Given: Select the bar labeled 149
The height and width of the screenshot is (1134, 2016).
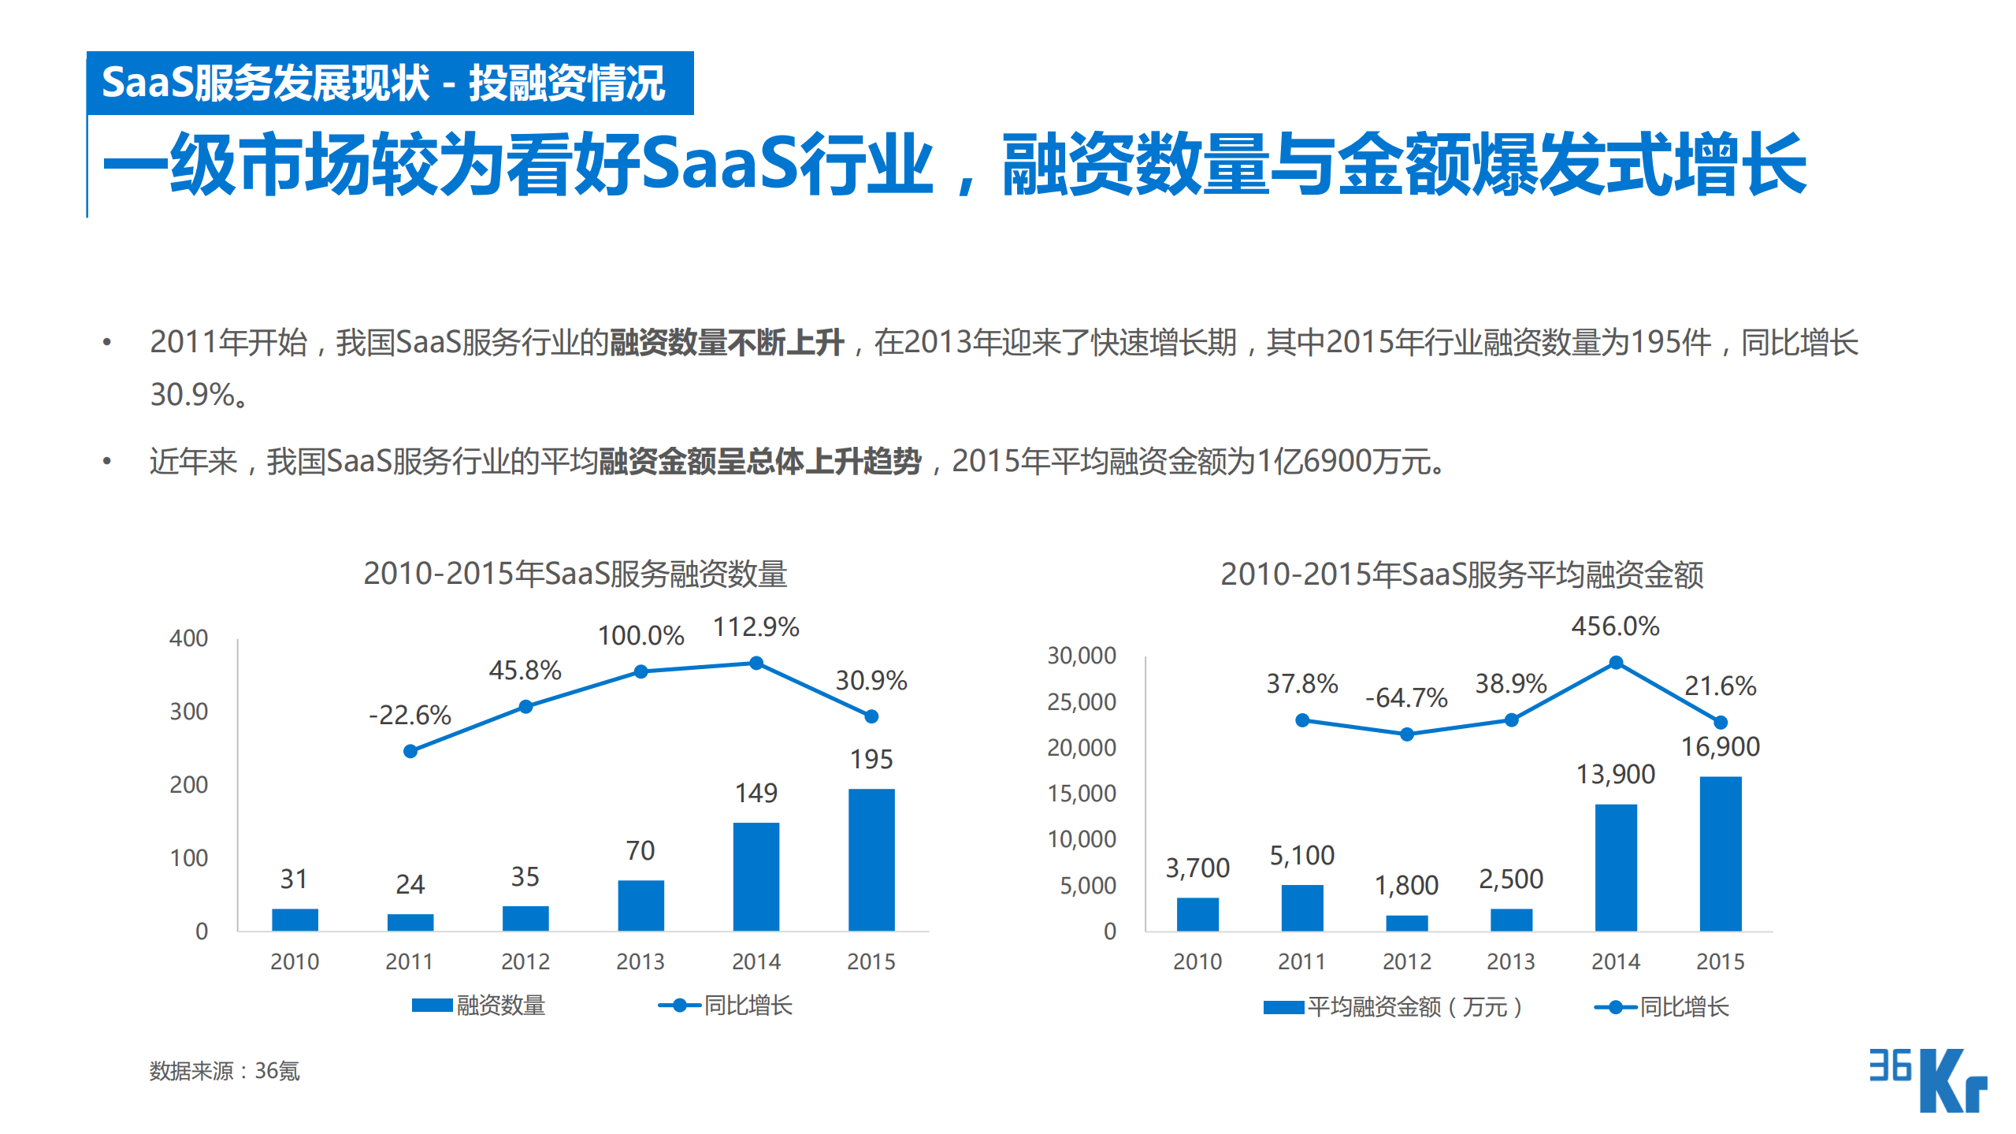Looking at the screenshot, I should [756, 876].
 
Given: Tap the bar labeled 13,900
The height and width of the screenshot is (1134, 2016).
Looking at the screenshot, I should [1615, 867].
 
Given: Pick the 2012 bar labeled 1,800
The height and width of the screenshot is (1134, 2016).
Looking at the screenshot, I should [1406, 923].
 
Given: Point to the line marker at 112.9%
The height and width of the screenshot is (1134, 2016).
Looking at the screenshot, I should [756, 663].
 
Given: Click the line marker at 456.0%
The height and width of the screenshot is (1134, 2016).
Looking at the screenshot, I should [1615, 662].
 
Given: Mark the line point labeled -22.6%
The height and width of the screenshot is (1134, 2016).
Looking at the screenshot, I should [410, 751].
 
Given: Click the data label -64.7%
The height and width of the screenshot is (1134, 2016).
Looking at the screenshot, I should [1406, 697].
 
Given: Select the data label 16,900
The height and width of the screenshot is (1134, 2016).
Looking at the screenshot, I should [1720, 746].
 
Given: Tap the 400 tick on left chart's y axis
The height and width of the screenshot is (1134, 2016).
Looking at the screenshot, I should [188, 638].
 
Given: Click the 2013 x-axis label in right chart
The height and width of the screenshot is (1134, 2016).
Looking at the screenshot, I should [1510, 961].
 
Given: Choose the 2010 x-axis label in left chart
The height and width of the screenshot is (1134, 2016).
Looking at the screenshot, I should [294, 961].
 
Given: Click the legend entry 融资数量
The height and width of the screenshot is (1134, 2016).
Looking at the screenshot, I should [479, 1006].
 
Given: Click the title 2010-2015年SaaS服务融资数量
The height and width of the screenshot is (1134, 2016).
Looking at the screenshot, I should [575, 573].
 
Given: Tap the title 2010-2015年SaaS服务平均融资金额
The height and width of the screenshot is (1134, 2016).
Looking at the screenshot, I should [1461, 574].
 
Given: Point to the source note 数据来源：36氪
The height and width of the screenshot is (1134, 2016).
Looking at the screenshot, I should [225, 1070].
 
